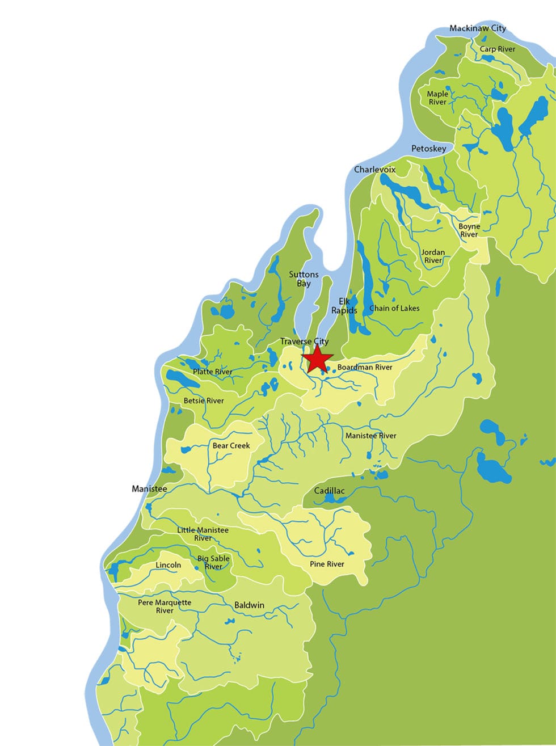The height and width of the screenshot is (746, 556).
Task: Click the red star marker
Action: (x=317, y=359)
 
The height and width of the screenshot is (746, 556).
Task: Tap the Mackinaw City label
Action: (x=478, y=28)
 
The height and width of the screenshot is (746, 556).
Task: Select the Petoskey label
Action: (x=428, y=149)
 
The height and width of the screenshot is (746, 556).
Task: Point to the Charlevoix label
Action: (x=374, y=170)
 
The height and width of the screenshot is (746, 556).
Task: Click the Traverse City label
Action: (x=304, y=342)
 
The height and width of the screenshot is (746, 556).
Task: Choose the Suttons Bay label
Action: (x=304, y=279)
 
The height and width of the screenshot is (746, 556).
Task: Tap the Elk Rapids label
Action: (x=344, y=306)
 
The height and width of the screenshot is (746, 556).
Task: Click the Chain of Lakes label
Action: (x=394, y=308)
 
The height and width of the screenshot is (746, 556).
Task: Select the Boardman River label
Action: (x=365, y=367)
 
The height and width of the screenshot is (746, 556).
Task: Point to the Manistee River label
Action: (x=371, y=436)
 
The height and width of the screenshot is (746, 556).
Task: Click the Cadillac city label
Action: (x=329, y=491)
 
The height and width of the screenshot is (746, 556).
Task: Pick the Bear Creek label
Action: (x=231, y=445)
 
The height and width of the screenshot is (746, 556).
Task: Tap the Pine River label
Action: (x=327, y=564)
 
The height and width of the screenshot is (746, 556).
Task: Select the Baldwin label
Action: (x=249, y=605)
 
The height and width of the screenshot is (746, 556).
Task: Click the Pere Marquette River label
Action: (x=165, y=606)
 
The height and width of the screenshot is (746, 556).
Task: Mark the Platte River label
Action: (x=213, y=372)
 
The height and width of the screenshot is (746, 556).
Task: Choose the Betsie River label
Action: (x=204, y=401)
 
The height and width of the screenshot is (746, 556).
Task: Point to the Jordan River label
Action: (x=433, y=256)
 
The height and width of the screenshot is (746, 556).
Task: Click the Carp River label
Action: (x=498, y=49)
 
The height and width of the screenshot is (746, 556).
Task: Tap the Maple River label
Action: (x=437, y=98)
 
